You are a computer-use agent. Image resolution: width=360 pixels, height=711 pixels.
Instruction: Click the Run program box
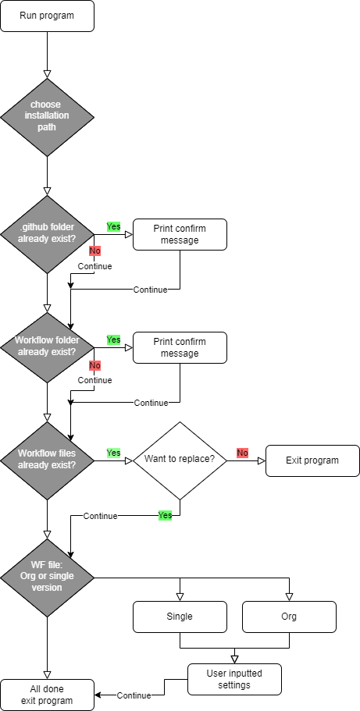[47, 16]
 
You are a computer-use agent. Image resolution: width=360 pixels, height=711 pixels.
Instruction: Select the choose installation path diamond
[47, 117]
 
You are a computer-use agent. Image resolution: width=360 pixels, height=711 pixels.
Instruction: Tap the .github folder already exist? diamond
[47, 234]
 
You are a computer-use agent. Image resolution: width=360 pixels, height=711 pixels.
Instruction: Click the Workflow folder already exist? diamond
[47, 347]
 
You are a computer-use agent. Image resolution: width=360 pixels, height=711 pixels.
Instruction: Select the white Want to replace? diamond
[180, 460]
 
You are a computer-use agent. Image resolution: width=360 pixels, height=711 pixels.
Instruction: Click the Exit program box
[312, 460]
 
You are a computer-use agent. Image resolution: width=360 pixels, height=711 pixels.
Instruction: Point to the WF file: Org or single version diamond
[47, 578]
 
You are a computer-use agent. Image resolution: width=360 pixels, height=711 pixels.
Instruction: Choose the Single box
[180, 617]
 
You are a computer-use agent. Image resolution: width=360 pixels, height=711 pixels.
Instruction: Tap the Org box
[289, 617]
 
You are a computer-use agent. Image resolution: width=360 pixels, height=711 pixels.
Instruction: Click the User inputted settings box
[234, 679]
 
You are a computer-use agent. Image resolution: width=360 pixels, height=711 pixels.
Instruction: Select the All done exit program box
[47, 695]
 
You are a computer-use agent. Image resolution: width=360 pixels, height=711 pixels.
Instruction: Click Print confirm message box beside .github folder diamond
[180, 234]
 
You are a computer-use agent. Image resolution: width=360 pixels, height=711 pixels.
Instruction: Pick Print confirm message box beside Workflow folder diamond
[180, 347]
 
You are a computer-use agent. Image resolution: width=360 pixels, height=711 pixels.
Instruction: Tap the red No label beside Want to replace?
[242, 453]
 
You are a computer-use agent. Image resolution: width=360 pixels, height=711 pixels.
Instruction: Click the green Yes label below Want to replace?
[165, 515]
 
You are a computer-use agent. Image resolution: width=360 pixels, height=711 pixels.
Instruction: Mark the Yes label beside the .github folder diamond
[113, 226]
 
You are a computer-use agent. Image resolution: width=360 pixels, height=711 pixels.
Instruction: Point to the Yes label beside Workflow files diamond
[113, 453]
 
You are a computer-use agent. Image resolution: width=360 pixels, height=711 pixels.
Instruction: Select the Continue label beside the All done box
[134, 695]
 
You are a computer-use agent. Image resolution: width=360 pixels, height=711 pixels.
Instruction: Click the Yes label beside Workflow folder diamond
[113, 340]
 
